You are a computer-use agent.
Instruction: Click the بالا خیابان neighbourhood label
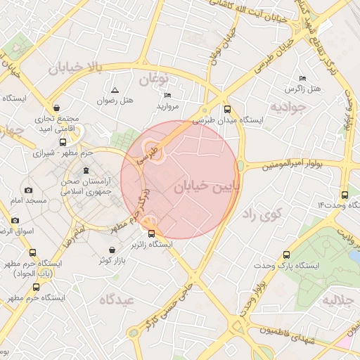click(76, 68)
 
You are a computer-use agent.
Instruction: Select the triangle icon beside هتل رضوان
click(115, 90)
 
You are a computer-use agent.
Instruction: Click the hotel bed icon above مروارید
click(167, 95)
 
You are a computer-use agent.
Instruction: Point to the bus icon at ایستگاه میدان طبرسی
click(226, 109)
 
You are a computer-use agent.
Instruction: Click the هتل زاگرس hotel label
click(302, 89)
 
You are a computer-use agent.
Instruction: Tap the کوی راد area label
click(262, 214)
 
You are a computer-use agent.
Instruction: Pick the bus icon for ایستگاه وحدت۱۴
click(344, 195)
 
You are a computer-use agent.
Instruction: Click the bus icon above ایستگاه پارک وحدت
click(285, 255)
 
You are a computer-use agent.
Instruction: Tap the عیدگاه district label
click(121, 300)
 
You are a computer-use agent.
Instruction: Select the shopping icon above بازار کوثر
click(112, 250)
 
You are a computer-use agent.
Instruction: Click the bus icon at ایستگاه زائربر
click(152, 233)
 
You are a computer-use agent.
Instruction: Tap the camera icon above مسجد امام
click(28, 191)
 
